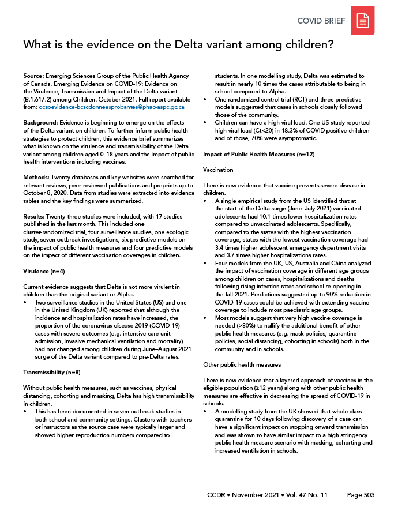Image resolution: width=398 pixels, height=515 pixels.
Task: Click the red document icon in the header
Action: tap(363, 21)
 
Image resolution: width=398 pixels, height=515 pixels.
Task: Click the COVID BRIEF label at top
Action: tap(321, 21)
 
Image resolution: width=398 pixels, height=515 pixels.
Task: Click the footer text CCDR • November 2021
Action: tap(246, 495)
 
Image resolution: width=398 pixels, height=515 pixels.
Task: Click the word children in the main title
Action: tap(299, 45)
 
